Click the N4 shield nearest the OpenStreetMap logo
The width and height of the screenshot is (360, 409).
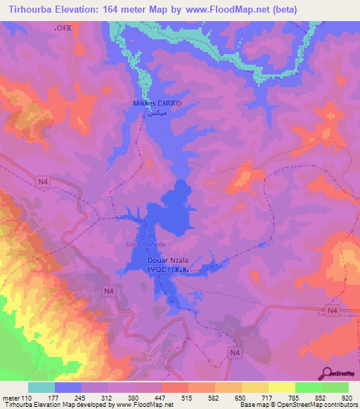tap(333, 311)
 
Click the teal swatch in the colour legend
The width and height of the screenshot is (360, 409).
tap(41, 387)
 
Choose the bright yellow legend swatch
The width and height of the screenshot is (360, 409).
tap(281, 387)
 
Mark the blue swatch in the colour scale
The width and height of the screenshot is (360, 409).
tap(68, 387)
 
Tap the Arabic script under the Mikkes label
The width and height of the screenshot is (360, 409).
tap(154, 112)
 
